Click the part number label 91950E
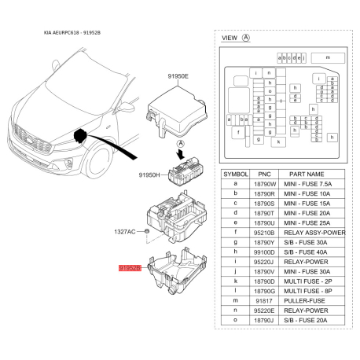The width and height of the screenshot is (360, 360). pos(177,76)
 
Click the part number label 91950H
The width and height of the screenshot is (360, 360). pos(149,175)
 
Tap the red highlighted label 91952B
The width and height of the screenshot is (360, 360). pos(130,268)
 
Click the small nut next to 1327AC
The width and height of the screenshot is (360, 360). pos(147,233)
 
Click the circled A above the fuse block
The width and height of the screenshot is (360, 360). pos(180,144)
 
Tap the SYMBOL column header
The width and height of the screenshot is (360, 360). pos(236,174)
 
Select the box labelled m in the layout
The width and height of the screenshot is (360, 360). pos(326,58)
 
